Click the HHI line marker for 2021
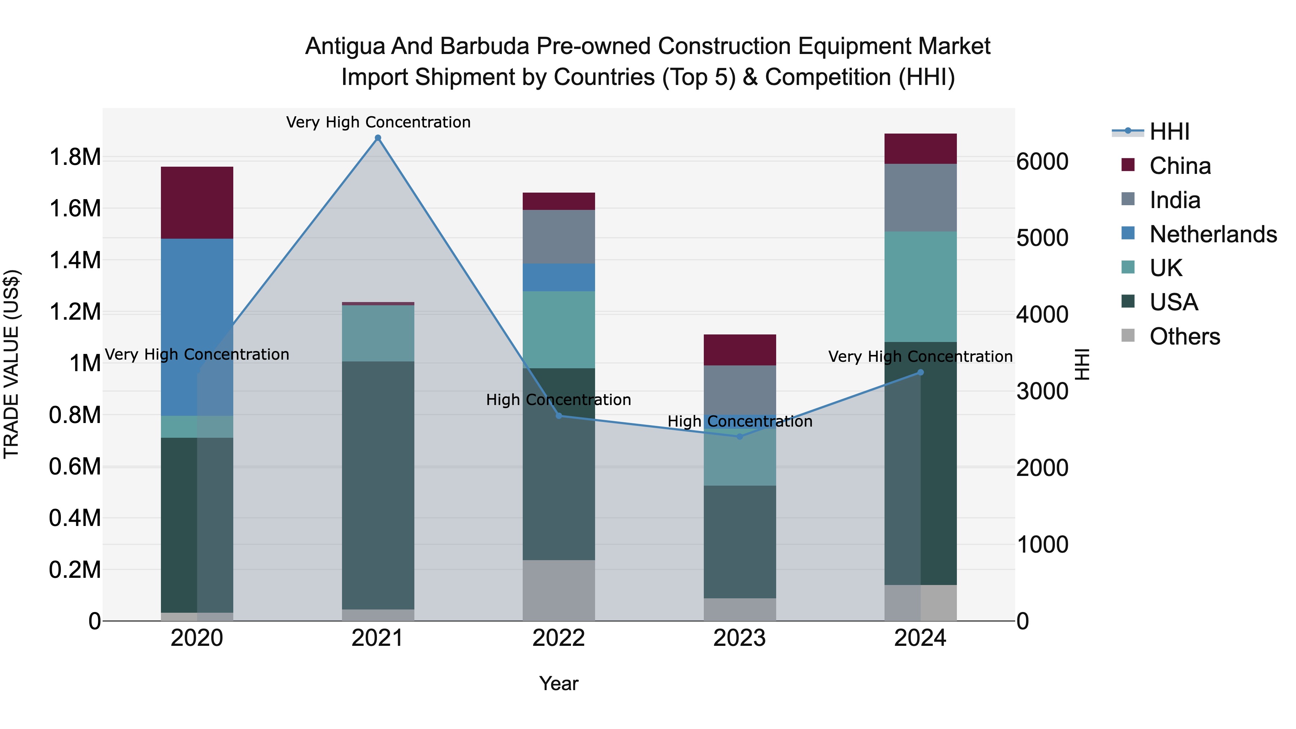click(378, 138)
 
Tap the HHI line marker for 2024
click(921, 372)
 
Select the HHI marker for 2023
click(739, 437)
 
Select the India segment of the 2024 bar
click(921, 197)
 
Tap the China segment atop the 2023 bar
click(739, 350)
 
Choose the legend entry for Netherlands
click(1212, 234)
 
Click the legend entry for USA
click(1173, 302)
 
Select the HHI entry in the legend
click(1169, 132)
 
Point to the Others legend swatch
click(1129, 336)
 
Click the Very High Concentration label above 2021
click(378, 122)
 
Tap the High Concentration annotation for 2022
click(558, 400)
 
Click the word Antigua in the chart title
click(346, 46)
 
